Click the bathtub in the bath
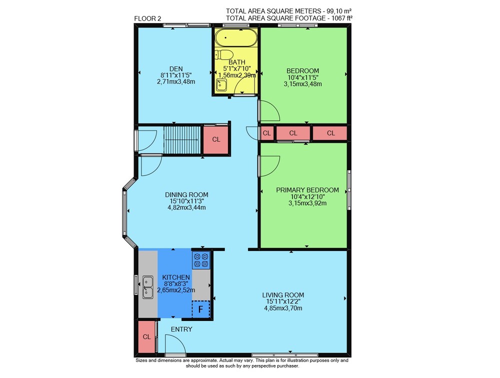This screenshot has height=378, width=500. coord(236,38)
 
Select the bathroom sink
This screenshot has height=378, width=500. coord(221,85)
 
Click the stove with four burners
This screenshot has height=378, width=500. coord(201,260)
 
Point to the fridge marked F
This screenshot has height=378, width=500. coord(201,309)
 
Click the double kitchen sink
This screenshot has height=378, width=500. coord(147,287)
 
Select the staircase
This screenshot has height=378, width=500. coord(182,139)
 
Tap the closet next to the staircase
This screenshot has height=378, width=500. coord(216,139)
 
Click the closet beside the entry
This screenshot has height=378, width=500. coord(146,336)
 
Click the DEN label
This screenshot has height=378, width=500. coord(176,69)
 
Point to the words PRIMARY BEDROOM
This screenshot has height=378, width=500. coord(307,190)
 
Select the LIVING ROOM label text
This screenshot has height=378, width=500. coord(283,295)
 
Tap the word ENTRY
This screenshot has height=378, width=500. coord(181,329)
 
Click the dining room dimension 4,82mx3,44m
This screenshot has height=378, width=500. coord(186,207)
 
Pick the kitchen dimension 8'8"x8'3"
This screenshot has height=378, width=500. coord(176,283)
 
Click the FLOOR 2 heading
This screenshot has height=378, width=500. coord(147,18)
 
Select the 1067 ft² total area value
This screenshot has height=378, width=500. coord(342,18)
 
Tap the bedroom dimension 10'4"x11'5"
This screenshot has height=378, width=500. coord(303,77)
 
